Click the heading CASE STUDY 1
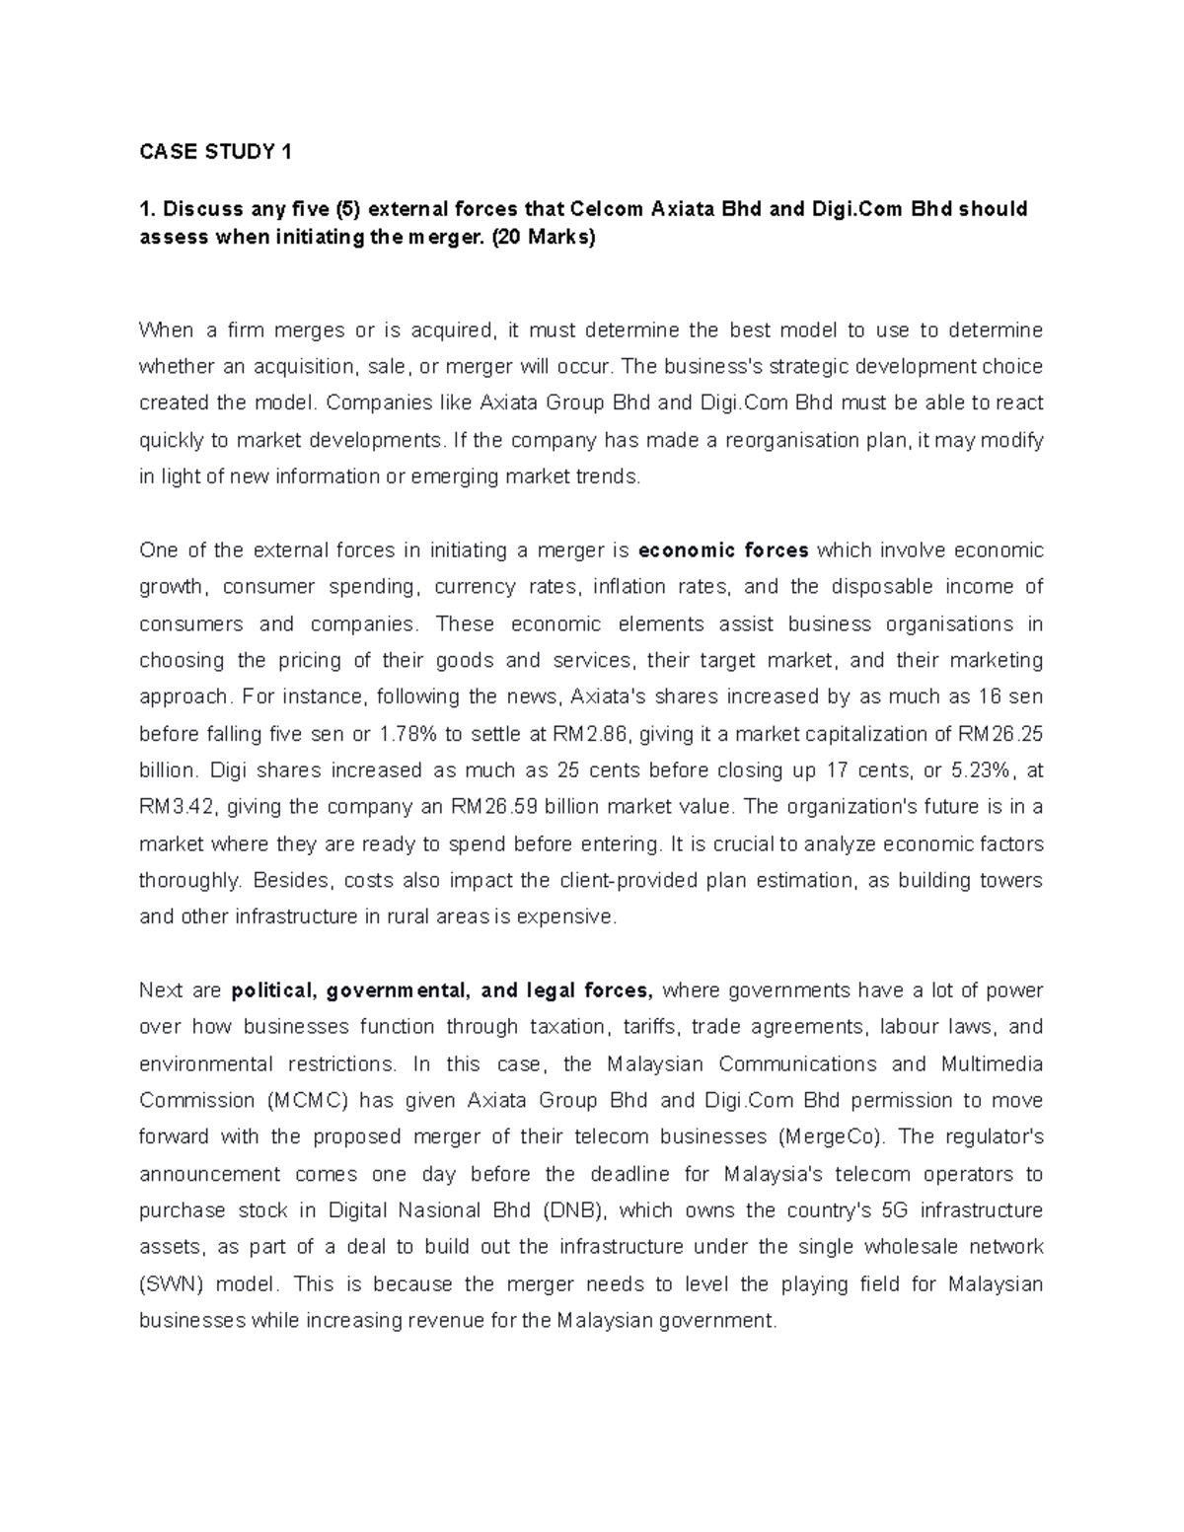coord(216,152)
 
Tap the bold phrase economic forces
coord(723,550)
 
